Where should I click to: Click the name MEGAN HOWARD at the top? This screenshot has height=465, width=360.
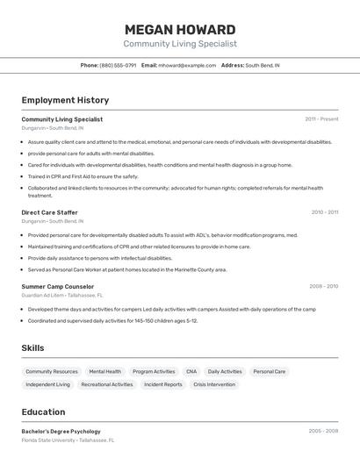180,30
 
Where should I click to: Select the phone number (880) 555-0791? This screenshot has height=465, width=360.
118,65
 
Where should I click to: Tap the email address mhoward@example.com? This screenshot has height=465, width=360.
187,65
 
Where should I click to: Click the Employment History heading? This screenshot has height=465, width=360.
65,100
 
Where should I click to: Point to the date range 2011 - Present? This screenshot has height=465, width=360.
321,118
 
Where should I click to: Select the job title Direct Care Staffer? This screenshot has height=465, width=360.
49,212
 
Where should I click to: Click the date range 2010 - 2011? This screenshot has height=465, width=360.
324,212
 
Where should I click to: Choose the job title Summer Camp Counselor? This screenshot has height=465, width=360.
57,286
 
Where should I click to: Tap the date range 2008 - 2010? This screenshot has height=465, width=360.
323,286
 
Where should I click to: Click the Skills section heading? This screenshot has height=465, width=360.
32,348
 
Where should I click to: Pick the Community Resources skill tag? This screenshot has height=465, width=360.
52,371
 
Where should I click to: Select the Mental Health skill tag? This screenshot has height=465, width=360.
105,371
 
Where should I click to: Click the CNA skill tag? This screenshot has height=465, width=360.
191,371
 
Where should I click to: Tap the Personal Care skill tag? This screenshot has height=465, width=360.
269,371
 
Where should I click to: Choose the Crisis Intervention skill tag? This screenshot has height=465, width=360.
214,384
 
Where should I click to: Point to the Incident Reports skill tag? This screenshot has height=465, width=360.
163,384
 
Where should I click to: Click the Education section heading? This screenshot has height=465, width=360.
43,411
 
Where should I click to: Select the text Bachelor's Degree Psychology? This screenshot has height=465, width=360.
61,432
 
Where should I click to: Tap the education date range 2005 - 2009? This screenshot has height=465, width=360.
323,432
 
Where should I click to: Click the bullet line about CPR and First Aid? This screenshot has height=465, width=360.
83,176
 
